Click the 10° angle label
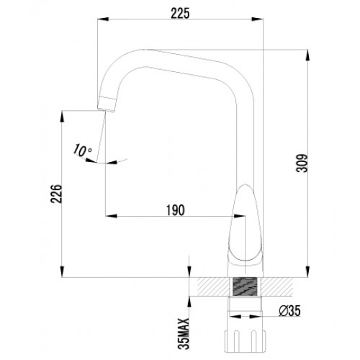point(82,150)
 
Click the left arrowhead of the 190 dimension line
point(109,215)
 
